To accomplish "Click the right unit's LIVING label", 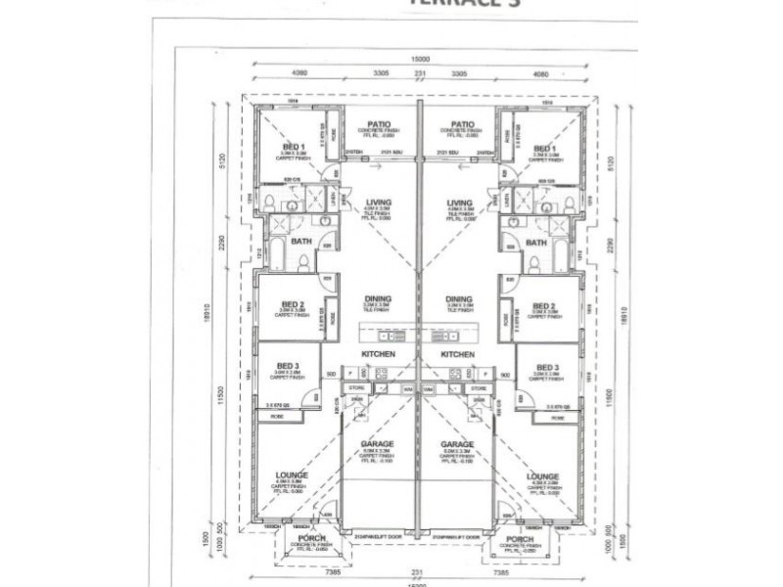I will (459, 203).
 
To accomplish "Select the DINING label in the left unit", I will (376, 300).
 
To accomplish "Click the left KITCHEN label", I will (378, 354).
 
